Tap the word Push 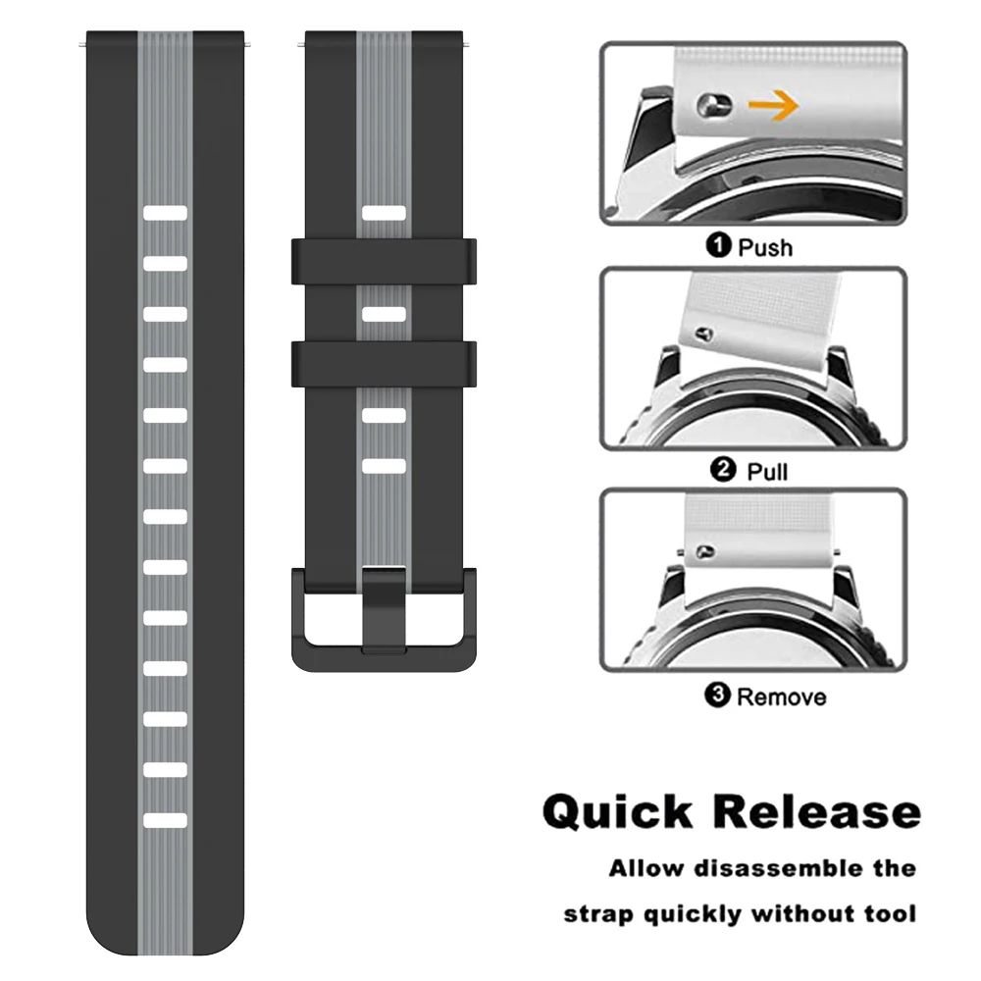click(x=765, y=247)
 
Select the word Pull click(x=767, y=472)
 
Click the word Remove click(x=781, y=697)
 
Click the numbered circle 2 click(x=723, y=471)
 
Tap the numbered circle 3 click(x=718, y=697)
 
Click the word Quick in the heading click(x=617, y=812)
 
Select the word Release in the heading click(x=816, y=812)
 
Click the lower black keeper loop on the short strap click(x=384, y=363)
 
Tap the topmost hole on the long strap click(x=165, y=213)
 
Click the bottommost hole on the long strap click(x=165, y=819)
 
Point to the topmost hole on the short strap click(x=384, y=213)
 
